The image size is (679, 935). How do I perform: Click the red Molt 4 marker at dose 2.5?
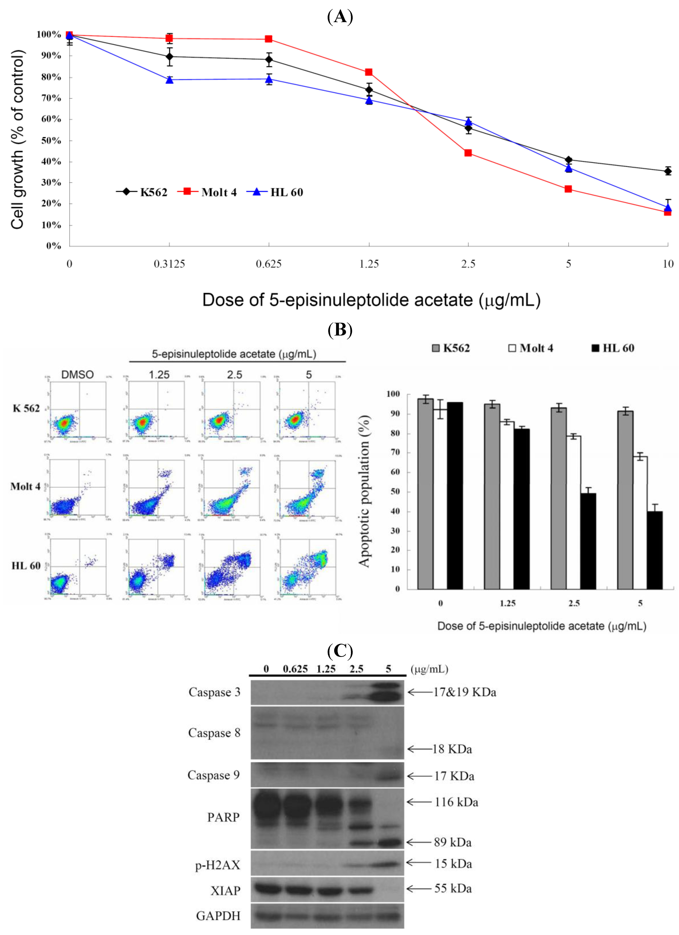click(468, 153)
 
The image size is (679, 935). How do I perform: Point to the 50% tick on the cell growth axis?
click(51, 141)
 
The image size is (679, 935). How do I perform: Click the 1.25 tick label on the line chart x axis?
click(369, 264)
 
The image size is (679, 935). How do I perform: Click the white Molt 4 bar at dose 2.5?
click(573, 513)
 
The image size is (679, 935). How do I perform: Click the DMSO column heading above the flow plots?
click(77, 375)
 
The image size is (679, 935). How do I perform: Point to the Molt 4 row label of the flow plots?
click(26, 486)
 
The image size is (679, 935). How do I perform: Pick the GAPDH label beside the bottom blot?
click(218, 916)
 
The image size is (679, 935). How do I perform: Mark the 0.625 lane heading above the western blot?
click(295, 669)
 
